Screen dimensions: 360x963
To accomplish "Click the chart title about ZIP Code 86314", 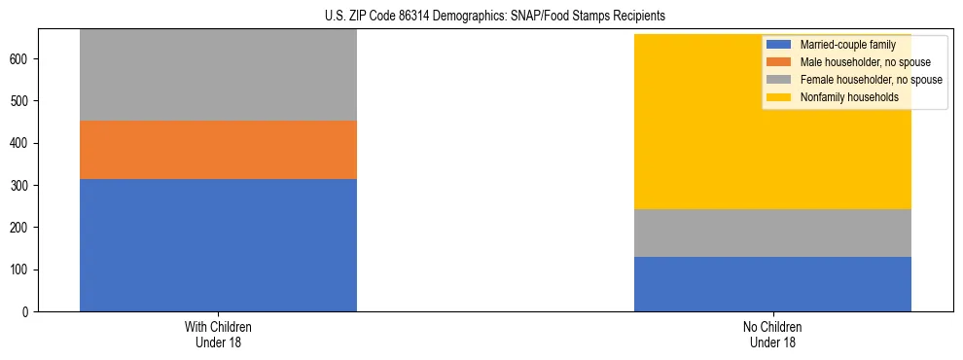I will point(495,17).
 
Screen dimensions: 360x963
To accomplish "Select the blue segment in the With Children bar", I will point(218,244).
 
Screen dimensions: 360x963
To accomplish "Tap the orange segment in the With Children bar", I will point(218,150).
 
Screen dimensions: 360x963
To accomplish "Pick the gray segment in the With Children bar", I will point(218,75).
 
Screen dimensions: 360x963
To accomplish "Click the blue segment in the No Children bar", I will point(772,284).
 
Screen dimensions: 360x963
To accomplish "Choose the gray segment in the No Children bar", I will point(772,233).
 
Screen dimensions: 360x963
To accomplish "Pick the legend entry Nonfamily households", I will point(842,97).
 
